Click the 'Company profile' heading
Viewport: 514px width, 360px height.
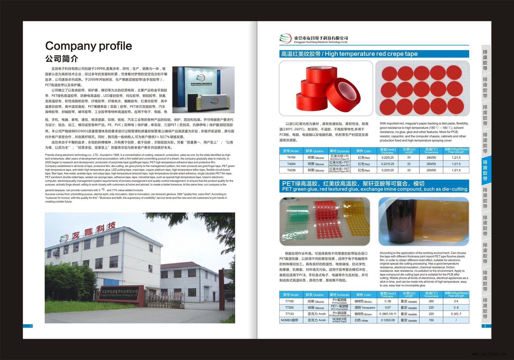88,46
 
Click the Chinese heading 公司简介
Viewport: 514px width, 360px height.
62,59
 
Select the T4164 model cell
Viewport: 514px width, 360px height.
291,158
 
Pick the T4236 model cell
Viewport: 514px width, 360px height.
291,170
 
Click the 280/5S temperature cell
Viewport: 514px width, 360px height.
431,158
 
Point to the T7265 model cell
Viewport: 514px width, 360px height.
290,308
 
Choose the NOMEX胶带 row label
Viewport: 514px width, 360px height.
290,320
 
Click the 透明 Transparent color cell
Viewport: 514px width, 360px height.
365,308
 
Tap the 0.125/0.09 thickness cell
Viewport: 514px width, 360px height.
388,320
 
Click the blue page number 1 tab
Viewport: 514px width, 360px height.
28,326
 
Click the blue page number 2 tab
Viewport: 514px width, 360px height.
485,326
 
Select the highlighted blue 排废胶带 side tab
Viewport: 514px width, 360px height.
485,170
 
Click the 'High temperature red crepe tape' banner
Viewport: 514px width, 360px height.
374,54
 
